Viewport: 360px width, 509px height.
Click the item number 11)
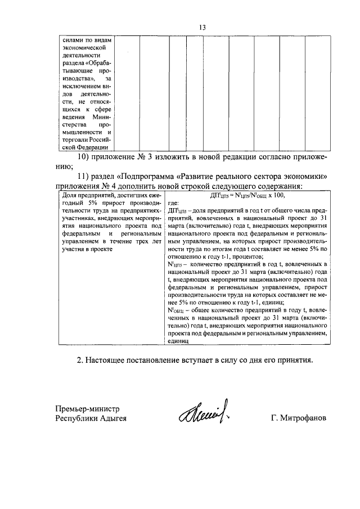coord(84,176)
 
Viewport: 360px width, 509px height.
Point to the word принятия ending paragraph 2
coord(291,359)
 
